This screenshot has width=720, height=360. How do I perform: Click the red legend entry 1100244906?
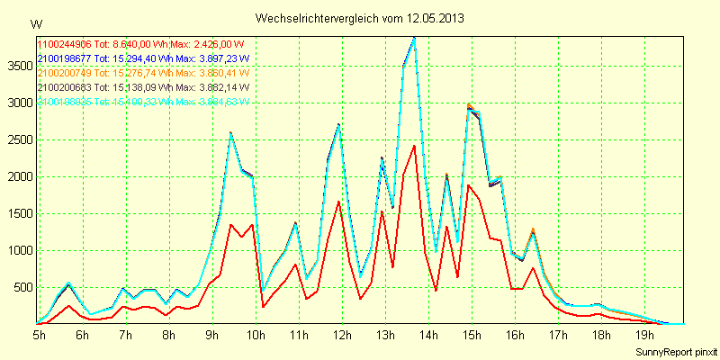(63, 44)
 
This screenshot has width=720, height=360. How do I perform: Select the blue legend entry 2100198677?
(63, 58)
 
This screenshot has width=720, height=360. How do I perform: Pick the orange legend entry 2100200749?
(63, 73)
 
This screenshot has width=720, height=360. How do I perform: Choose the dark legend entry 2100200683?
(63, 87)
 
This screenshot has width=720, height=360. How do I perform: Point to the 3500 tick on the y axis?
(19, 66)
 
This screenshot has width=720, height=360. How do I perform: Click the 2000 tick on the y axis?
(19, 176)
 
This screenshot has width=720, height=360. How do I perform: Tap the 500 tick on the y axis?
(22, 287)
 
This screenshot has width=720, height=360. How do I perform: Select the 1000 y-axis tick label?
(19, 250)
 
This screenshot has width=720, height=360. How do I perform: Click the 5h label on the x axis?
(40, 335)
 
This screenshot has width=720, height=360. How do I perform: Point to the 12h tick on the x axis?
(342, 335)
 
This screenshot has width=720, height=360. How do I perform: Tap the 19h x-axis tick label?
(643, 335)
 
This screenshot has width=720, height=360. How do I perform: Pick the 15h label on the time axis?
(471, 335)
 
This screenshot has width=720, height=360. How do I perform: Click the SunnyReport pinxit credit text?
(675, 349)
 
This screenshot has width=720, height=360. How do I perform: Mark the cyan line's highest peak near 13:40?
(414, 38)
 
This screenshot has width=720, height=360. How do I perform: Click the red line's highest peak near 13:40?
(414, 146)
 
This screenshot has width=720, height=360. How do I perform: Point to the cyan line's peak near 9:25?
(230, 133)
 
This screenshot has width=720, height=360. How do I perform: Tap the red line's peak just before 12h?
(338, 202)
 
